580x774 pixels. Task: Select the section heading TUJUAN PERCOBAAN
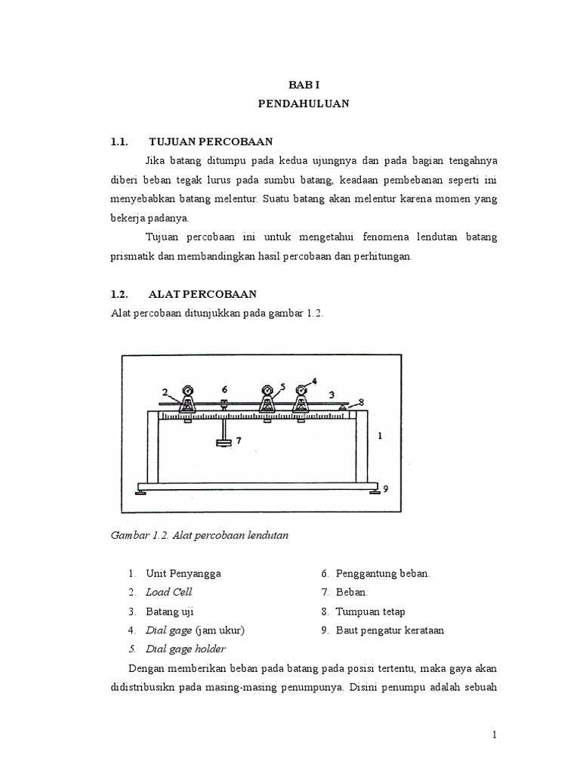pos(211,141)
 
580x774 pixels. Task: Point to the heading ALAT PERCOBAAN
pos(202,293)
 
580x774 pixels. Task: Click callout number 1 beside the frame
pos(379,435)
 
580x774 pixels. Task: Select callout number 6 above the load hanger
pos(224,389)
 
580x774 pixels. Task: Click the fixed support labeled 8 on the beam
pos(343,407)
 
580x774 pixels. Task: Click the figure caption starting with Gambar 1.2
pos(200,534)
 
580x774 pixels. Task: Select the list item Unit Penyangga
pos(184,574)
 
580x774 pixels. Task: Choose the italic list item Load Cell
pos(169,592)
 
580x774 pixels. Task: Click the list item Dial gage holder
pos(186,649)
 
